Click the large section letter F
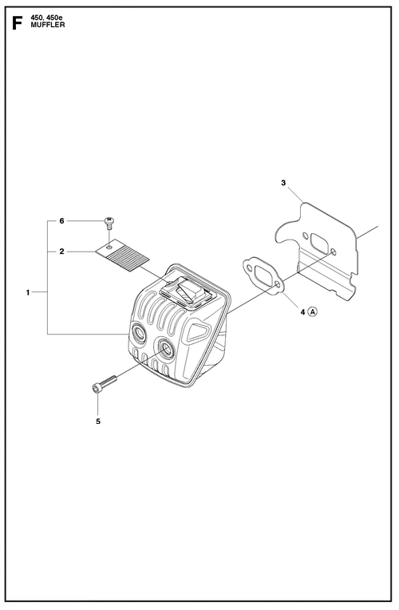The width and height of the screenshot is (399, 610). (x=16, y=23)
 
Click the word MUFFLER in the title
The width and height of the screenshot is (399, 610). (x=47, y=25)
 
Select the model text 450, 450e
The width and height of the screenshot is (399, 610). (x=48, y=18)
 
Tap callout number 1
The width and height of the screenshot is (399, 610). (x=28, y=292)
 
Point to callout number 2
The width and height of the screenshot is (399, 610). (x=61, y=252)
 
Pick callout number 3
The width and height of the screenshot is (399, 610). (x=283, y=183)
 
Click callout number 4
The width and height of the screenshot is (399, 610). (x=302, y=311)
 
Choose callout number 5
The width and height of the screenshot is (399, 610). (x=98, y=421)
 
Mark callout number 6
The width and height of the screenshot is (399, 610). (x=61, y=221)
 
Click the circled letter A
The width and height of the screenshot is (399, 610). (x=312, y=311)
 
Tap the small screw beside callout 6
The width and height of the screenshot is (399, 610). (x=109, y=224)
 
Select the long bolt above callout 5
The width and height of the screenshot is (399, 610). (x=105, y=384)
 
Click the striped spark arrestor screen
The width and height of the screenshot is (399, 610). (x=123, y=254)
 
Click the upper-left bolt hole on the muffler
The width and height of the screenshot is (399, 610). (x=139, y=333)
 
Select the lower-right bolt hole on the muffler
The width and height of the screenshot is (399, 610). (x=166, y=347)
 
